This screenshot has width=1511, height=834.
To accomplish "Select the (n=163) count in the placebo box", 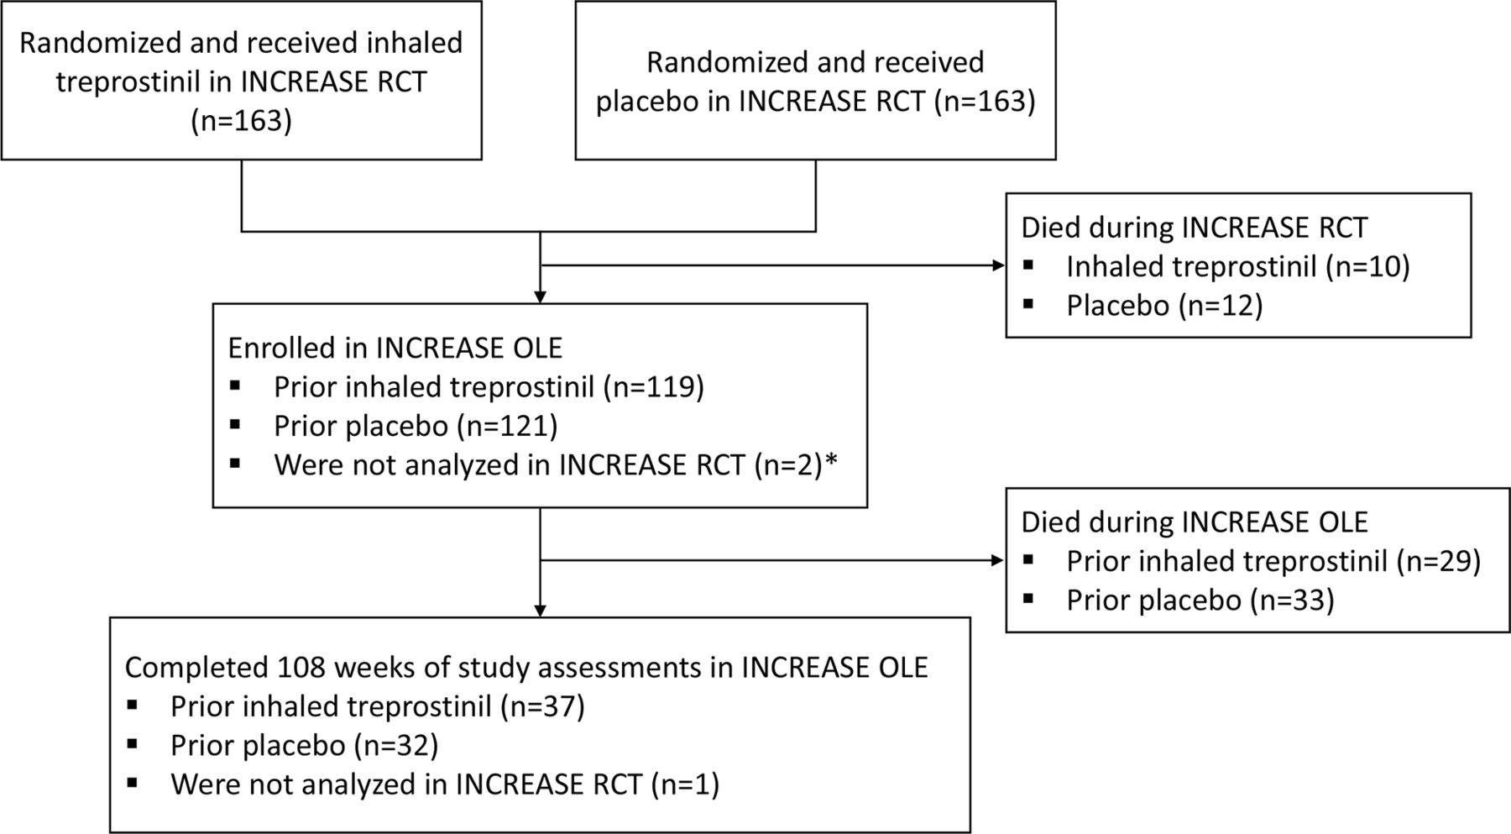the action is [x=985, y=102].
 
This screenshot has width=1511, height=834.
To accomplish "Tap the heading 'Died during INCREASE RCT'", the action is [x=1194, y=228].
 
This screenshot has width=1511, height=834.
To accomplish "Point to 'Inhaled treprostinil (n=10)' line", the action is [x=1238, y=267].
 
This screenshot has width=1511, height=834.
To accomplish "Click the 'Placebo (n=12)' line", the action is [x=1164, y=306].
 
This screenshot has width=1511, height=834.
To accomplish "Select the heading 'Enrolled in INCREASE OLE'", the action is [x=395, y=348].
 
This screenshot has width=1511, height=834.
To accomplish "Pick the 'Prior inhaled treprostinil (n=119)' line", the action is [x=489, y=387].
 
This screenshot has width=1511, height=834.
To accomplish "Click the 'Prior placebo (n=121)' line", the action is [x=416, y=426].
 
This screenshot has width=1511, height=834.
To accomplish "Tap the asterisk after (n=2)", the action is [x=832, y=459].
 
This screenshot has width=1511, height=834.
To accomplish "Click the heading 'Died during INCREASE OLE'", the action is [x=1195, y=522].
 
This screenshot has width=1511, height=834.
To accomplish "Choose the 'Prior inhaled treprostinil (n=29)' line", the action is [x=1273, y=561].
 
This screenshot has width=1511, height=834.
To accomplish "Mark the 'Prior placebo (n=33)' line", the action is [x=1200, y=601].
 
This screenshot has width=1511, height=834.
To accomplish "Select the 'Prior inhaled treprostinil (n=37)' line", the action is [x=378, y=706].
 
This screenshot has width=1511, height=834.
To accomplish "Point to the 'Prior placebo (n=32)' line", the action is [x=305, y=746].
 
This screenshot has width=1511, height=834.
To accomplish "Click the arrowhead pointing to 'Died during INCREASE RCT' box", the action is [x=999, y=266].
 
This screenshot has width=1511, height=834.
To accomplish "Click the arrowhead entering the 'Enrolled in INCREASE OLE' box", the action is [x=540, y=296].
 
